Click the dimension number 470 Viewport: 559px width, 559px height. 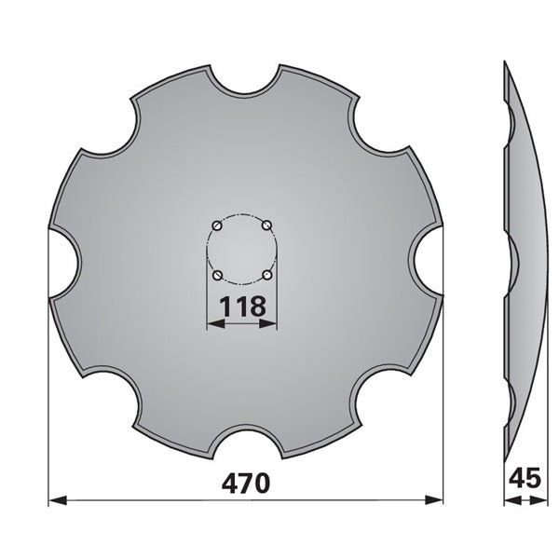[x=246, y=483]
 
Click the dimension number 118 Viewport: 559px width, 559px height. [x=242, y=306]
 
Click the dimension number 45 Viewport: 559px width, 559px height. [x=525, y=478]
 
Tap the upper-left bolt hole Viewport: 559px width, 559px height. [x=217, y=226]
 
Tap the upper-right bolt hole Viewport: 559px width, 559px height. [x=267, y=225]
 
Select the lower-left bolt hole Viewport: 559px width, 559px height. [x=218, y=275]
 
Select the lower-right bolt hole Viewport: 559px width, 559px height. [x=267, y=275]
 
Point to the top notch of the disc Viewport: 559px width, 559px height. [x=244, y=81]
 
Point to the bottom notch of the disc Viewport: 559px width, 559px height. [x=246, y=443]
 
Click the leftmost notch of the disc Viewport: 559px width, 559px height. [x=64, y=263]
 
